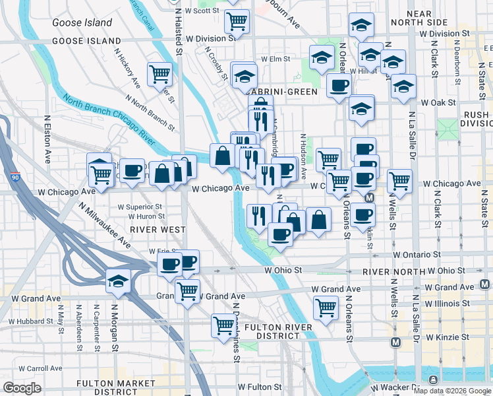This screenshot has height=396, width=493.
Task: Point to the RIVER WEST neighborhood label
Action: tap(158, 228)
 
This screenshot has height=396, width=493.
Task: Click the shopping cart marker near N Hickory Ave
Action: tap(159, 75)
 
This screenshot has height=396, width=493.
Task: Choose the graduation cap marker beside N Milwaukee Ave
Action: tap(118, 280)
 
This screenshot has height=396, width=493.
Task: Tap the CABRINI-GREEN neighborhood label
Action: tap(284, 92)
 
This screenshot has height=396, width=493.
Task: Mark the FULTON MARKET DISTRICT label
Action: tap(106, 387)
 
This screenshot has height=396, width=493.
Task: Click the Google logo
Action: tap(22, 387)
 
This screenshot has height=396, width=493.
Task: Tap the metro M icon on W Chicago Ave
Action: tap(369, 197)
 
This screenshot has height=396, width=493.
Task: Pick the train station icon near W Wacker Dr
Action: tap(433, 379)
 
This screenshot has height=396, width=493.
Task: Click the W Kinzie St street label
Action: tap(446, 337)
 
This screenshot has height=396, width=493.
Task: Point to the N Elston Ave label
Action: tap(47, 141)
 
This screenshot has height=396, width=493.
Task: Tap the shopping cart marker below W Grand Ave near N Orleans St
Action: tap(326, 308)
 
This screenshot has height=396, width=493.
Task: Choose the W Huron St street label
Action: tap(142, 216)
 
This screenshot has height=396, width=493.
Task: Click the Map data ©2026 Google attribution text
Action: tap(452, 391)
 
